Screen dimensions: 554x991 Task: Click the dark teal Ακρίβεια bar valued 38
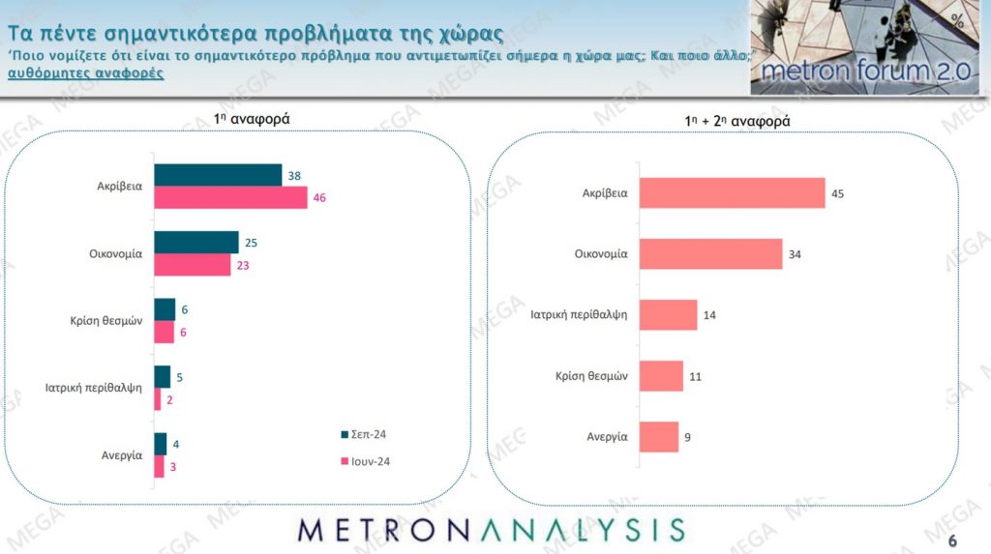(x=218, y=174)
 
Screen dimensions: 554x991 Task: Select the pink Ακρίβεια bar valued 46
(x=230, y=197)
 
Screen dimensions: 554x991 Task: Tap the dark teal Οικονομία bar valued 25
(x=196, y=242)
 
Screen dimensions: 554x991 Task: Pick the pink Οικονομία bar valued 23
(x=193, y=264)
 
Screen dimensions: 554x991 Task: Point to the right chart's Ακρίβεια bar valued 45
(x=733, y=192)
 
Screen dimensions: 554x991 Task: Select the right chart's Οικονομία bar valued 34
(x=711, y=254)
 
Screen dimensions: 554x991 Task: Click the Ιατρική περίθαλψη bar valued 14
(x=668, y=315)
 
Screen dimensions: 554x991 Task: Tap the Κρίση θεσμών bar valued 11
(x=662, y=376)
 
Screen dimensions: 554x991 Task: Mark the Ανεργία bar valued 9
(x=659, y=436)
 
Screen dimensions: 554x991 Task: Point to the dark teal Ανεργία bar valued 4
(x=161, y=444)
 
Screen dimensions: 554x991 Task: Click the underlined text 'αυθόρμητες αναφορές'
(x=85, y=73)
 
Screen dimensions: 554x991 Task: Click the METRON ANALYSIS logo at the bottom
(x=492, y=529)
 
